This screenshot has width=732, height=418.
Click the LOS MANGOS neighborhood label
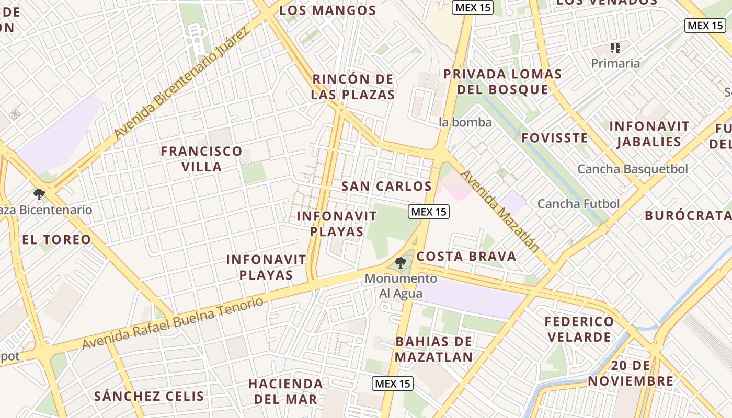click(x=328, y=10)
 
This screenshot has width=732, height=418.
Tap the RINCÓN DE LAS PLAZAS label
click(x=353, y=87)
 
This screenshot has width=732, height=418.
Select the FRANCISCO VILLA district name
click(x=201, y=159)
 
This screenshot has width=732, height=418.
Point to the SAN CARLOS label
click(x=386, y=186)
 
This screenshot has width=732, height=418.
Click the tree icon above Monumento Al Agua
click(x=401, y=262)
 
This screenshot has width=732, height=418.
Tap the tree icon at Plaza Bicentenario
click(x=39, y=195)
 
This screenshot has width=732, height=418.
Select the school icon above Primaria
click(x=615, y=49)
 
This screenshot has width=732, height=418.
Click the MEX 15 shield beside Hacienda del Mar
click(x=393, y=384)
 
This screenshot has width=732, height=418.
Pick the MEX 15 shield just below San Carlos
click(x=428, y=212)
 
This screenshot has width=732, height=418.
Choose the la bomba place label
click(x=465, y=122)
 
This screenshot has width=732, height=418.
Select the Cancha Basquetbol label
click(x=632, y=169)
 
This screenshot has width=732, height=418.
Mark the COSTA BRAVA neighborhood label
click(x=466, y=257)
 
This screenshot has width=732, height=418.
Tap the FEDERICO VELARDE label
click(x=579, y=329)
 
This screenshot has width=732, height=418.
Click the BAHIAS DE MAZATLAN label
click(x=433, y=350)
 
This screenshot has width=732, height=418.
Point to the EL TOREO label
click(x=56, y=240)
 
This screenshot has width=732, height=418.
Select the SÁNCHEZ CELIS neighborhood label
click(x=149, y=396)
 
